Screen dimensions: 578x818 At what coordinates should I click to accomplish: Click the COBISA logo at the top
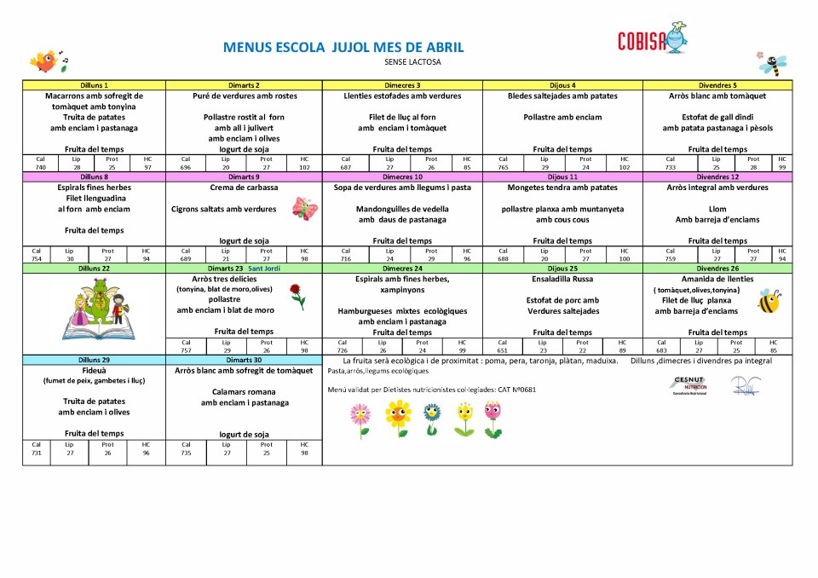pyautogui.click(x=653, y=38)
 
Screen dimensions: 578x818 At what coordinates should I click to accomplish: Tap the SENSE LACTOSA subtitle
pyautogui.click(x=413, y=62)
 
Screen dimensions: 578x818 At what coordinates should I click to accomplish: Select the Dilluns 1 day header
pyautogui.click(x=94, y=85)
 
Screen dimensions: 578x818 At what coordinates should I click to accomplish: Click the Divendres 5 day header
pyautogui.click(x=717, y=85)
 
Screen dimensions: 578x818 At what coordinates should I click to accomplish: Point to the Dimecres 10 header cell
pyautogui.click(x=402, y=176)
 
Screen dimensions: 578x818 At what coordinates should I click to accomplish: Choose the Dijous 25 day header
pyautogui.click(x=562, y=269)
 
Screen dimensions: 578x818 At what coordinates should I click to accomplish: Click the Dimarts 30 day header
pyautogui.click(x=244, y=360)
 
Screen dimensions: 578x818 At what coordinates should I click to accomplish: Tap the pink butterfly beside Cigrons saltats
pyautogui.click(x=304, y=208)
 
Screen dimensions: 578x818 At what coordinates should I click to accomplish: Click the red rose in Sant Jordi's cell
pyautogui.click(x=297, y=296)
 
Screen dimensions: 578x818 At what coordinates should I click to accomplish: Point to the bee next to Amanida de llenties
pyautogui.click(x=769, y=300)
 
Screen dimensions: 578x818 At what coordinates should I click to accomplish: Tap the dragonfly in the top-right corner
pyautogui.click(x=772, y=62)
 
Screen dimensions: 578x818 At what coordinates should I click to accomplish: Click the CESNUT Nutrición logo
pyautogui.click(x=688, y=384)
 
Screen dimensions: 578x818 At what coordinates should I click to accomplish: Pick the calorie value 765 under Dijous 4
pyautogui.click(x=503, y=168)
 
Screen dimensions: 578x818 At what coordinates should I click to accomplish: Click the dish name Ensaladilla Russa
pyautogui.click(x=562, y=279)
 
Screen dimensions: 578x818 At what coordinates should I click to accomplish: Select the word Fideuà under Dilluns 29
pyautogui.click(x=94, y=371)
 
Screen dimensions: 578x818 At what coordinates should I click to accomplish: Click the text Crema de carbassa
pyautogui.click(x=244, y=188)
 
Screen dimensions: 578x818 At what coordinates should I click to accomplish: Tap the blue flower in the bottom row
pyautogui.click(x=432, y=417)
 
